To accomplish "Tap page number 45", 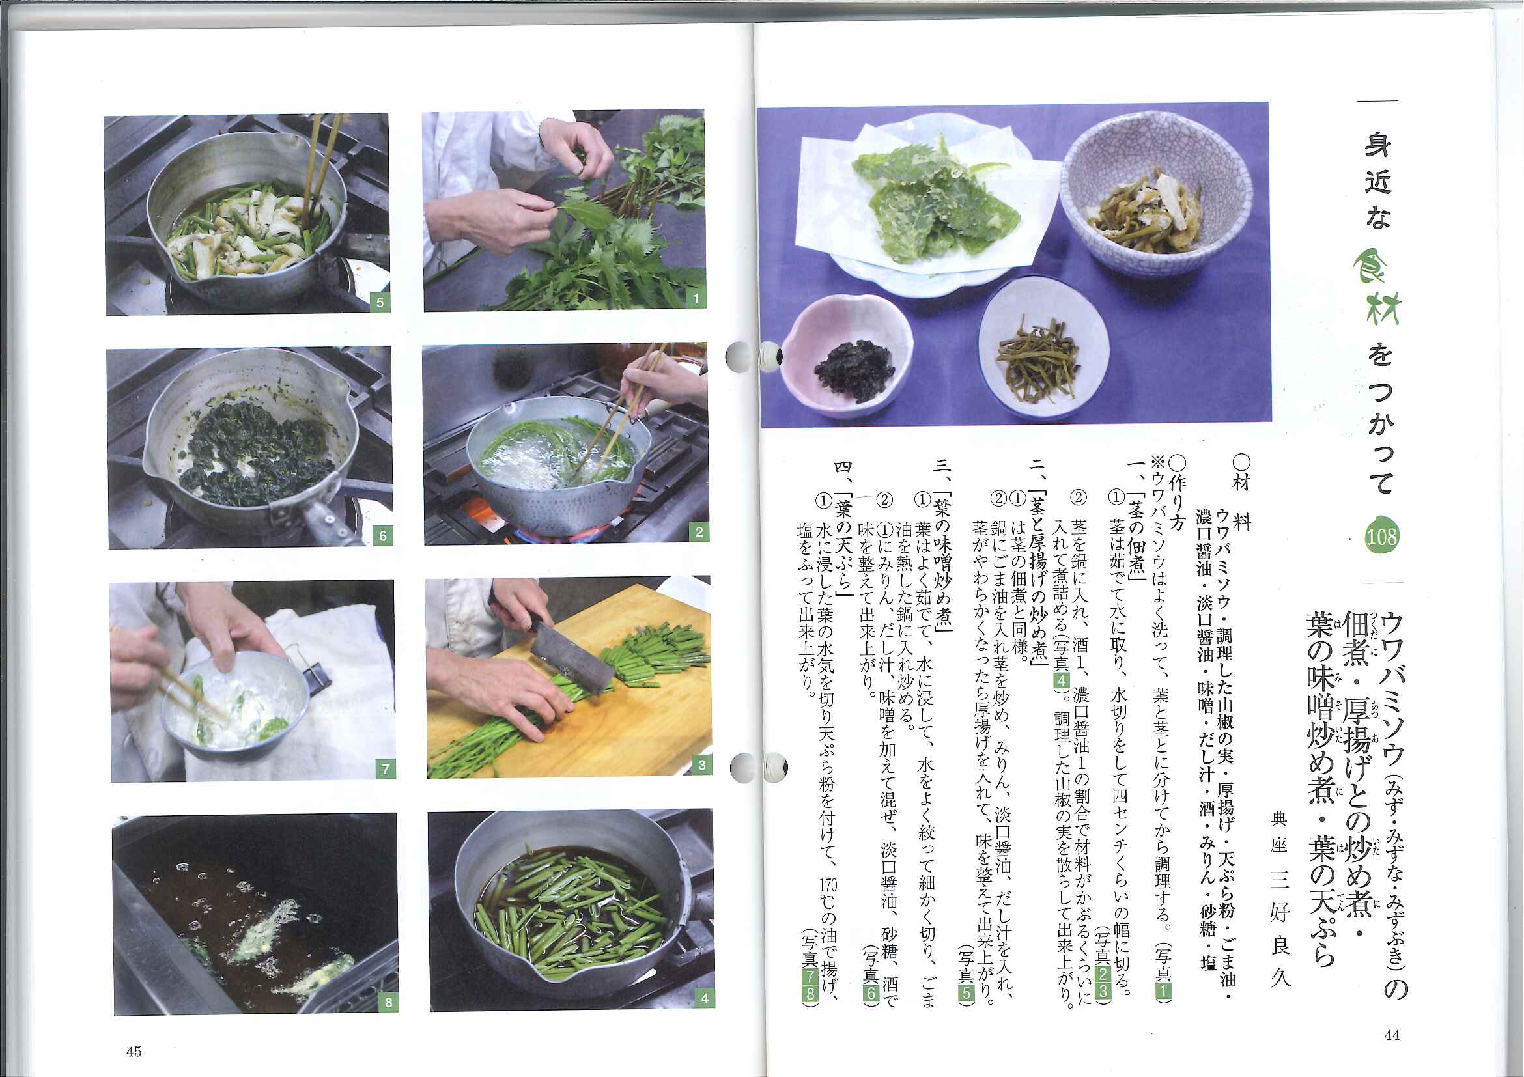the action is (134, 1051).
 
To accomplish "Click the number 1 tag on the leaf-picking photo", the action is (695, 299).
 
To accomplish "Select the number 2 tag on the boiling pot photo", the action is (698, 531).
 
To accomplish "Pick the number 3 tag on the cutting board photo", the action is (701, 765).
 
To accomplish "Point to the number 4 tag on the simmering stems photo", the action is (704, 998).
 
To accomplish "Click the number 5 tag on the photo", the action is (380, 303).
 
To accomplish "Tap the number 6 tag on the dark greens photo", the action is (382, 535).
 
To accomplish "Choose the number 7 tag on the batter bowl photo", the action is (385, 769).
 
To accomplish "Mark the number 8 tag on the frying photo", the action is (388, 1002).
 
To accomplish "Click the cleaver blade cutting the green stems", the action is (572, 654).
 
